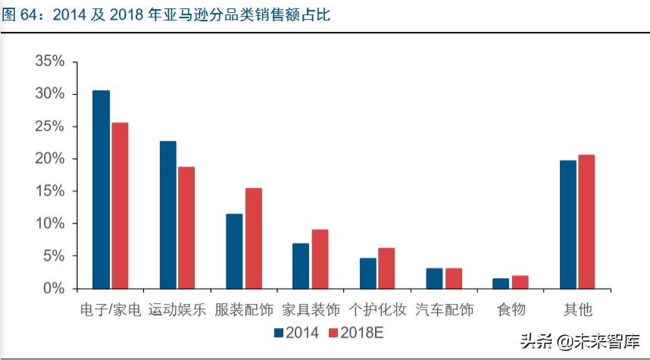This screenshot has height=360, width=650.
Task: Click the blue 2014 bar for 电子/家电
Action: click(101, 189)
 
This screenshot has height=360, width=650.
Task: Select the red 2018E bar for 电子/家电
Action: click(120, 205)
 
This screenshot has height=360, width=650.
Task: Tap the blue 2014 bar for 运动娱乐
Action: click(167, 214)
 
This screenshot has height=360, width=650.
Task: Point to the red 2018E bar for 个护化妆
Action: click(386, 268)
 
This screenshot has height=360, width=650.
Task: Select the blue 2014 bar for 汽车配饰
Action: click(434, 278)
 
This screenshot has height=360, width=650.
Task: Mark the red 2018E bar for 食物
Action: click(520, 282)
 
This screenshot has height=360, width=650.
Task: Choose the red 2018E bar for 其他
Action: click(586, 221)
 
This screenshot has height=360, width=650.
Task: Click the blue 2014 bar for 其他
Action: click(567, 224)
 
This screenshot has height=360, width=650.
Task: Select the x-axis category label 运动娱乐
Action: click(177, 310)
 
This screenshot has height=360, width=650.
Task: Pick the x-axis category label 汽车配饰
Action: click(444, 310)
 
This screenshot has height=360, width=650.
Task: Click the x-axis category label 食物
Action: click(511, 310)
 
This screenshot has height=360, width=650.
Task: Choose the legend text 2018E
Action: click(361, 332)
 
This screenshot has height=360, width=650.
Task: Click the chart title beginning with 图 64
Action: click(167, 14)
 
